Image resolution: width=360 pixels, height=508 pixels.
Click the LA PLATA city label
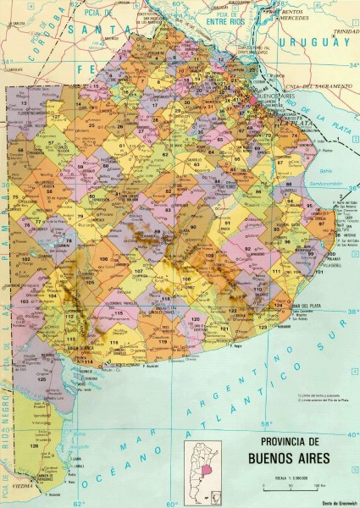click(298, 124)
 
